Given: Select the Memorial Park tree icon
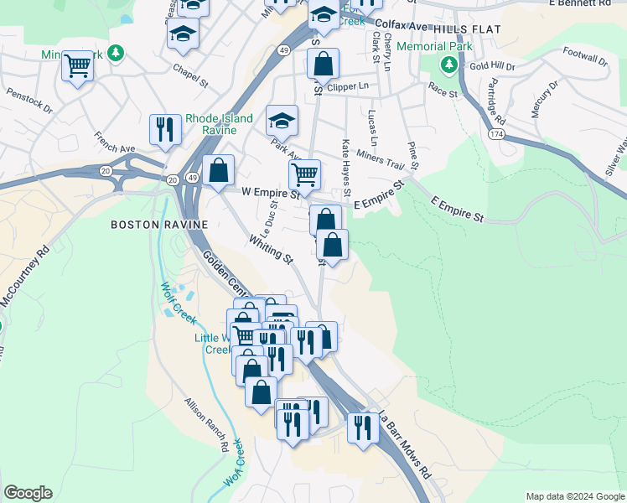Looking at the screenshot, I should (x=450, y=64).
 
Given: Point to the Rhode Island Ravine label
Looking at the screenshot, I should (x=219, y=124).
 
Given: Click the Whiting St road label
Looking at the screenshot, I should (x=271, y=251).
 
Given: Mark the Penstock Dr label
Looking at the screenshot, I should (x=28, y=98).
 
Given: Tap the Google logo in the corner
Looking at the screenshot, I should (x=28, y=493).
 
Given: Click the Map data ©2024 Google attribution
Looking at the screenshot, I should (x=575, y=496).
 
